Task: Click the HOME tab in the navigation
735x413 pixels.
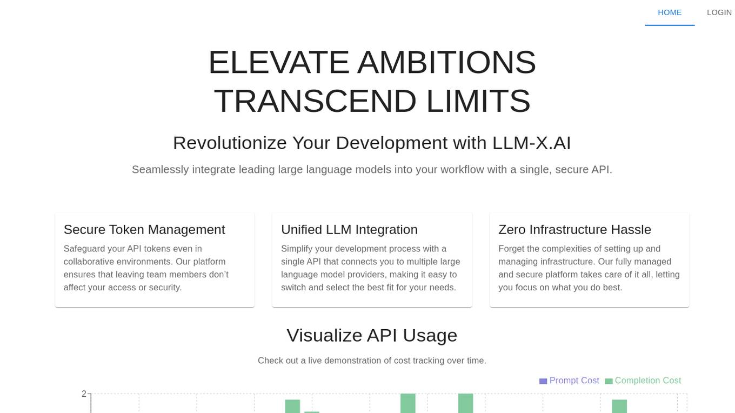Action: coord(670,12)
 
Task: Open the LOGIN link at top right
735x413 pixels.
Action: coord(719,12)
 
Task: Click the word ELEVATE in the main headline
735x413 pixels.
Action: coord(279,62)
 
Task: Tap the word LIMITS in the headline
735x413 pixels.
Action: coord(478,101)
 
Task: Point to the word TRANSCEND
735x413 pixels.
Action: coord(315,101)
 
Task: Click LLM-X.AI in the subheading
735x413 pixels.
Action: coord(532,143)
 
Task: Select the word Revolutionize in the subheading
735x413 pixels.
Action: coord(230,143)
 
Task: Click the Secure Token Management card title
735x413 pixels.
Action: coord(144,230)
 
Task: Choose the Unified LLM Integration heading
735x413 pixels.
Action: coord(350,230)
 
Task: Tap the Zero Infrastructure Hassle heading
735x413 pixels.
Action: coord(575,230)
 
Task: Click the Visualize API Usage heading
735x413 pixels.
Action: coord(372,336)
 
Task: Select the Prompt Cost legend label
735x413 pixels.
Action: coord(574,381)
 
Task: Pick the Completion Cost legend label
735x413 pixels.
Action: coord(648,381)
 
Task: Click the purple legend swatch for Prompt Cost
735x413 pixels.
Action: coord(543,381)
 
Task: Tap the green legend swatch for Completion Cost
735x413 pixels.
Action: coord(609,381)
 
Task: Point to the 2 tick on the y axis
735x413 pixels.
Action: coord(84,394)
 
